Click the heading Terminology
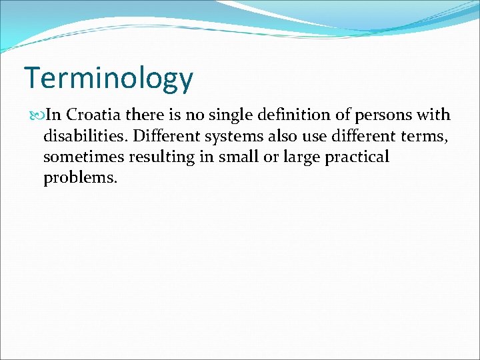pos(109,79)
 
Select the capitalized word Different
pos(165,136)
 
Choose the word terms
pos(422,137)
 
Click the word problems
pos(79,178)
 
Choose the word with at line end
pos(435,115)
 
